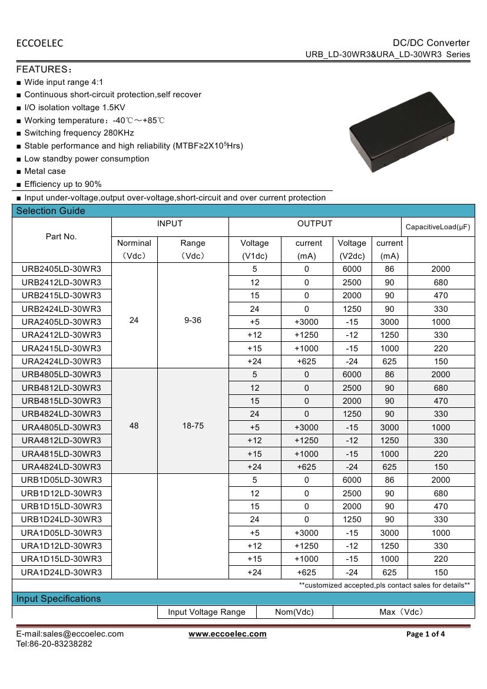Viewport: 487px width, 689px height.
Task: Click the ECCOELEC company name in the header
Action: click(39, 43)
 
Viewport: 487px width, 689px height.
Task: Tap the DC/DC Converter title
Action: click(431, 42)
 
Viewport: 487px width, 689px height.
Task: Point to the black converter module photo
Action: click(402, 132)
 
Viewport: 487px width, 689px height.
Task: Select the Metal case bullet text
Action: click(45, 171)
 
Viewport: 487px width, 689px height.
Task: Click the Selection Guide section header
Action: click(51, 211)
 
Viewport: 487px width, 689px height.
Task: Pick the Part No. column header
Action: click(61, 236)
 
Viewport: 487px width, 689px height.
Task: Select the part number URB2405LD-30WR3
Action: click(61, 269)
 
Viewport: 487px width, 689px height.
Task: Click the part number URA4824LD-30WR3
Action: click(61, 467)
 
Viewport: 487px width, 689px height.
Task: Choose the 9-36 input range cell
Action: click(193, 321)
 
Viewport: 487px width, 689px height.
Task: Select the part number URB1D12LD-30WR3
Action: click(61, 493)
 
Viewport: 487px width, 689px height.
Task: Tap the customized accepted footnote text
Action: click(384, 585)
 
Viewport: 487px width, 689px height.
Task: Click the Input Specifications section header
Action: click(58, 599)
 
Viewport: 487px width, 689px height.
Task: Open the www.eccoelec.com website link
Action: click(227, 634)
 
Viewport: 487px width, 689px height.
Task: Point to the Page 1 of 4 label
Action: click(426, 634)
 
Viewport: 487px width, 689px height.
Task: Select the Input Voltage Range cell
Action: click(207, 612)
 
